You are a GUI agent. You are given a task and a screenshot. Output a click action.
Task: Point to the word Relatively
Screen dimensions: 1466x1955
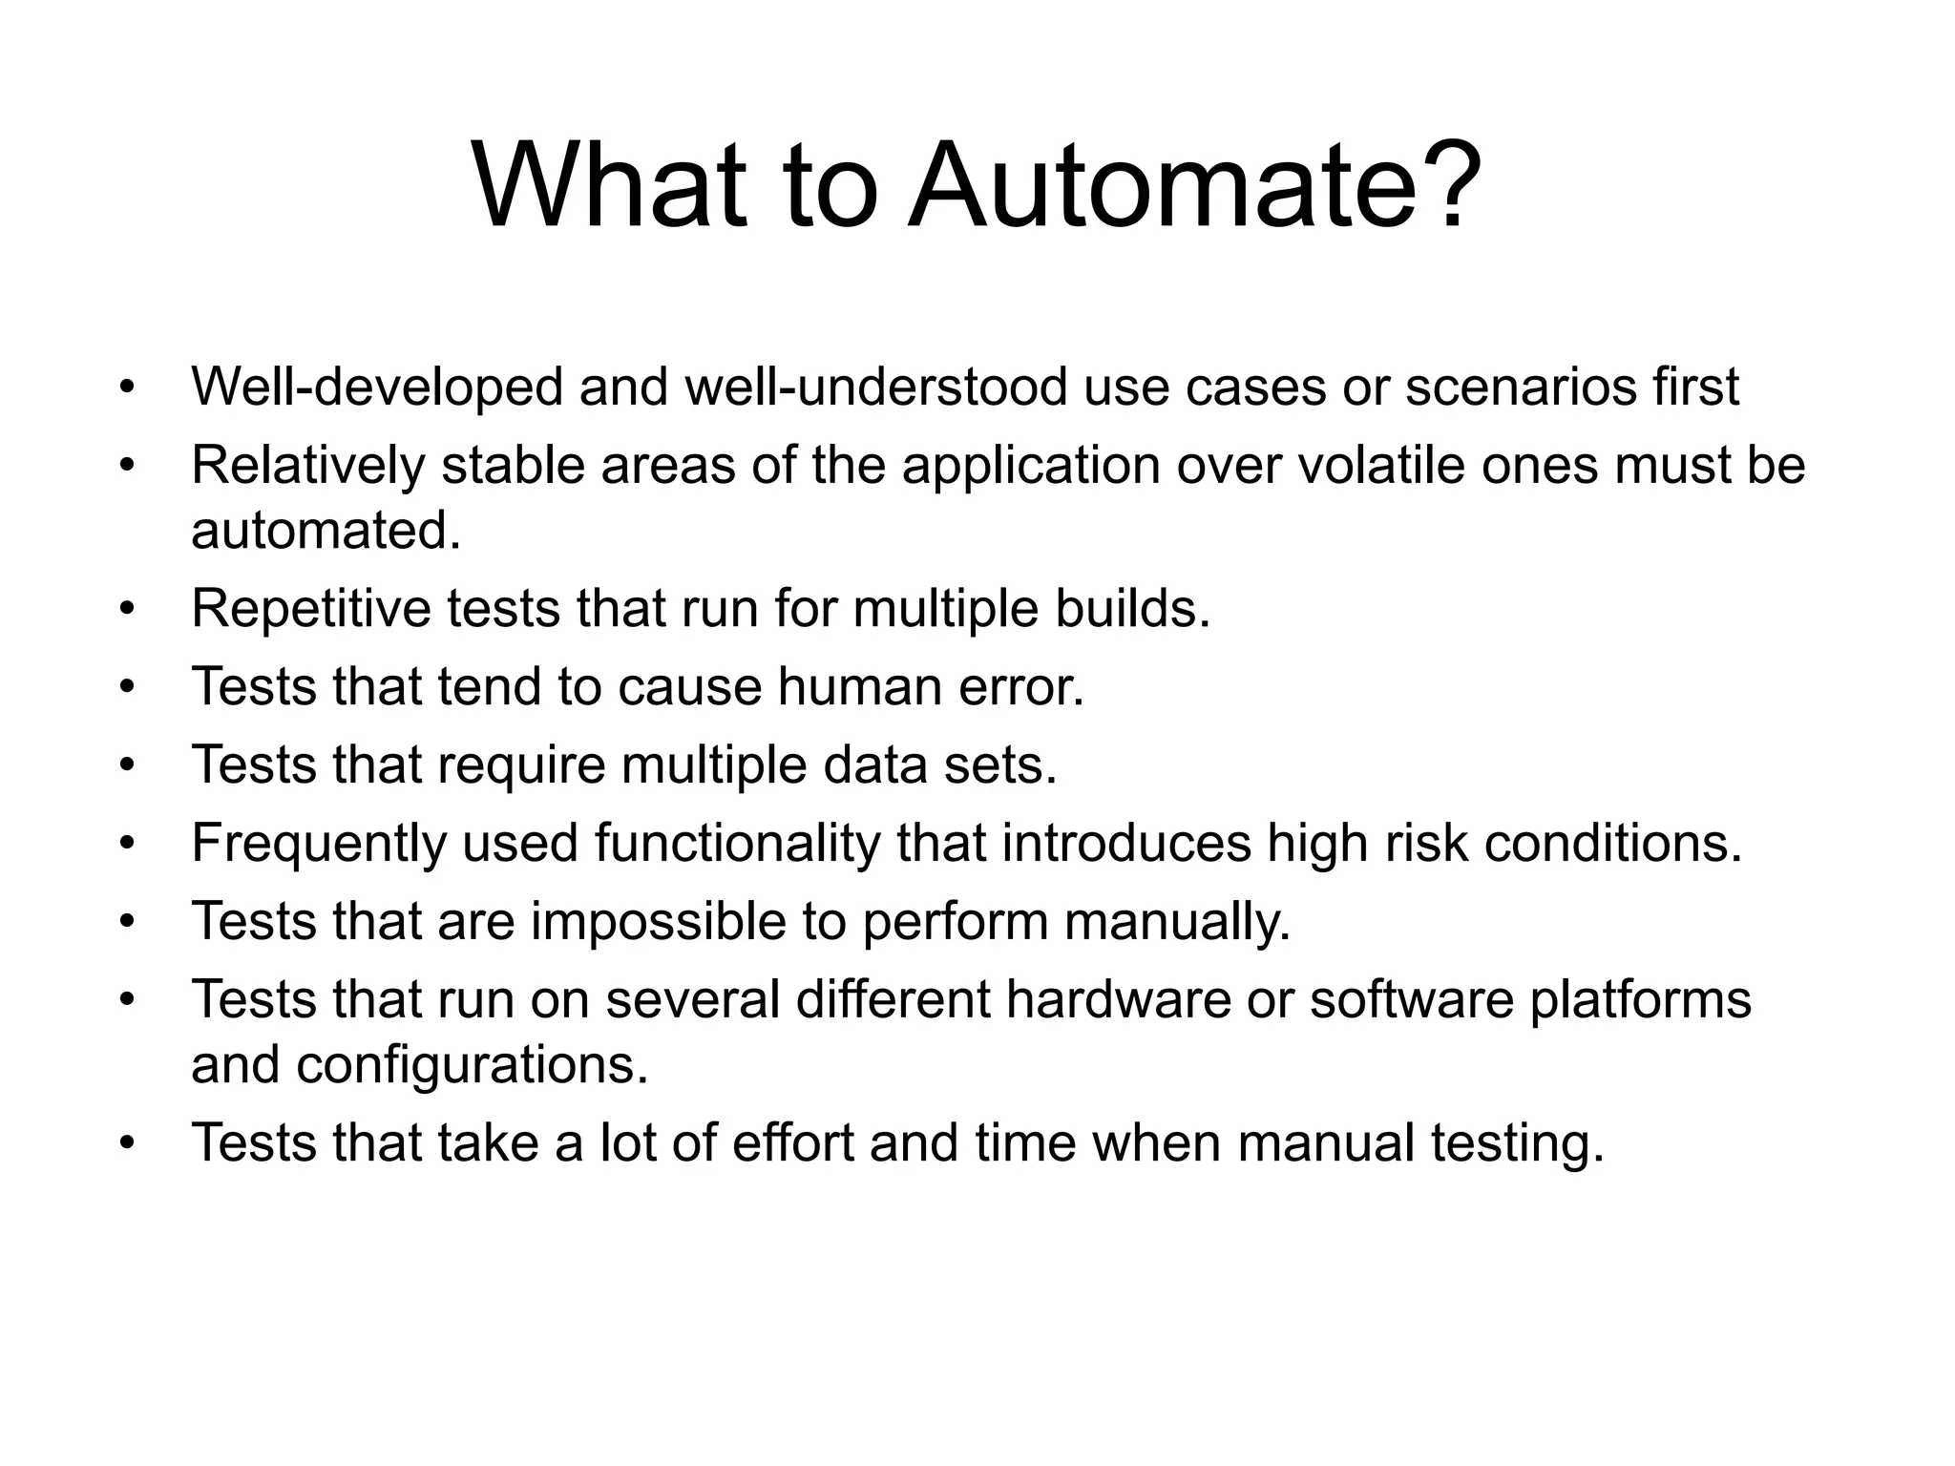point(307,466)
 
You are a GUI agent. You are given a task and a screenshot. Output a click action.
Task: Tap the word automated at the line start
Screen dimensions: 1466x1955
point(326,531)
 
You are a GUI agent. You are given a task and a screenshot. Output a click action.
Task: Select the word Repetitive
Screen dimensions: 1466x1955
point(310,609)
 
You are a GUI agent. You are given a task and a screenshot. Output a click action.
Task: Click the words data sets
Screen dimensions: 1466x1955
point(939,765)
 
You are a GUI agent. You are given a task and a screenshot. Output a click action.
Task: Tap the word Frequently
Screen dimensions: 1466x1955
point(319,844)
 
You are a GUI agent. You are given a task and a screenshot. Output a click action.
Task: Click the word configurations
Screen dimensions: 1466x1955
point(472,1065)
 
